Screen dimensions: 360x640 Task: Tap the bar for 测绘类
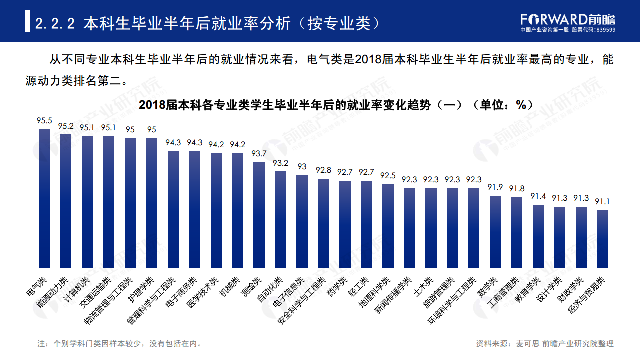[259, 215]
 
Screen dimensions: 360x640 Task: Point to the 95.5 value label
[44, 120]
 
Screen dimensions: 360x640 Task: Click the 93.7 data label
[259, 154]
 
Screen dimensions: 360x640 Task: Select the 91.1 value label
[603, 202]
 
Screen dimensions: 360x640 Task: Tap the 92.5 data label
[388, 176]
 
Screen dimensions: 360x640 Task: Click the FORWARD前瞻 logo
[568, 19]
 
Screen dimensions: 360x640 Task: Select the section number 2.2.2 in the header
[55, 23]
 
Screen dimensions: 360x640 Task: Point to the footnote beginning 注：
[120, 344]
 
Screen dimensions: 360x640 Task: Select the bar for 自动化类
[280, 219]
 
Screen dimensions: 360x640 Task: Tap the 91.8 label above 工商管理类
[517, 189]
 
